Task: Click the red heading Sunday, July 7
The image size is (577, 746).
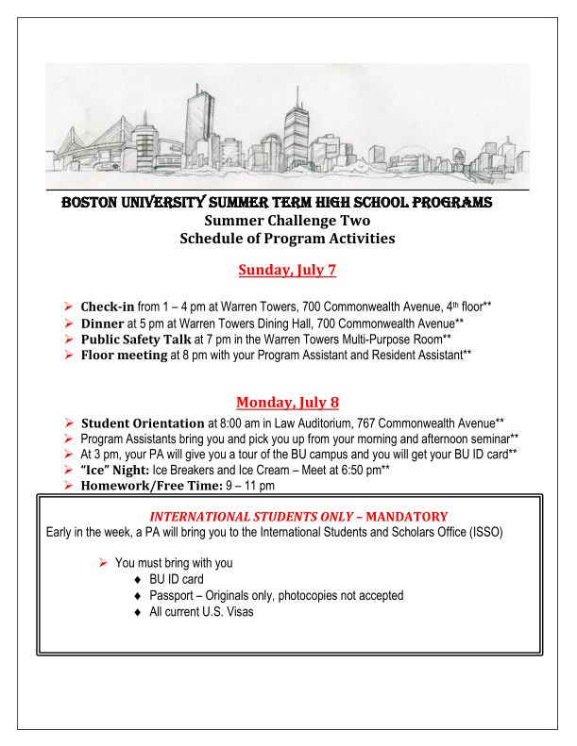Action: pos(287,271)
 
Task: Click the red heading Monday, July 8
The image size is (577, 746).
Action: pos(287,401)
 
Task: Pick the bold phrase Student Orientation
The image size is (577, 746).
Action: pos(142,423)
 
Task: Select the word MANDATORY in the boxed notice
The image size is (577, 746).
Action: pos(406,517)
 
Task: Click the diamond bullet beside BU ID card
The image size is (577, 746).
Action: pos(138,579)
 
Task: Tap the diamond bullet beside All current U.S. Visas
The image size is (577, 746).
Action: pos(138,612)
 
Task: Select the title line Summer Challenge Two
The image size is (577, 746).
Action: pos(287,222)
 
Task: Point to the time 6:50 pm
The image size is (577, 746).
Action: pos(353,470)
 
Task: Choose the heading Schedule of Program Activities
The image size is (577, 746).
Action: pos(287,239)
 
